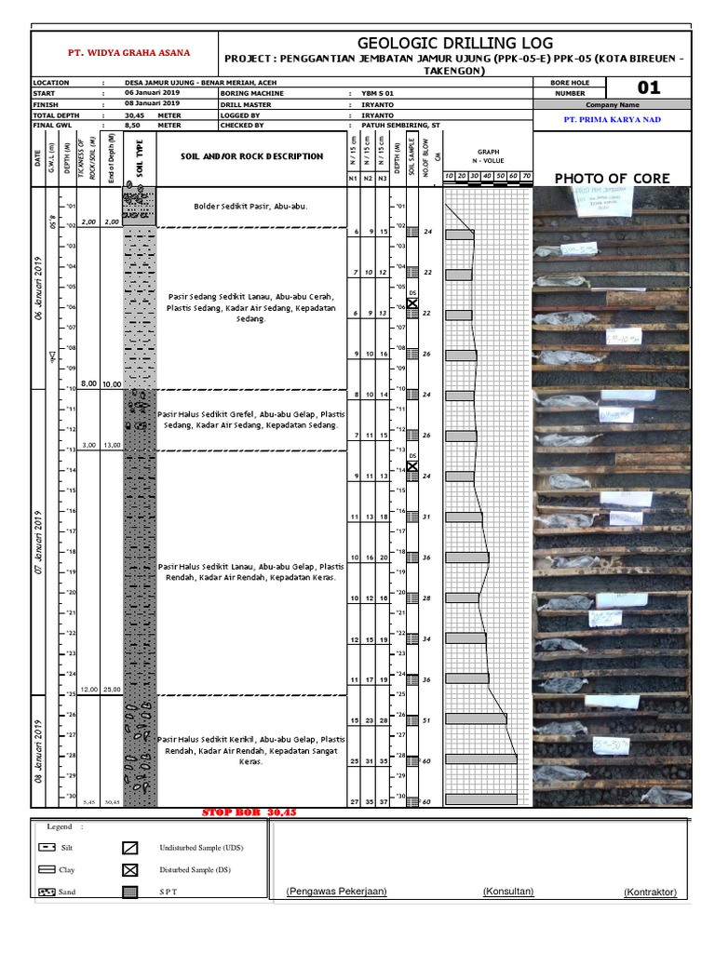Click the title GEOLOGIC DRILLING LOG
455,43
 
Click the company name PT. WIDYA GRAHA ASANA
124,54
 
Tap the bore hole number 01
648,87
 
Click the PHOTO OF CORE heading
611,177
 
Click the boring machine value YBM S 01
378,93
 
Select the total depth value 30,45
136,114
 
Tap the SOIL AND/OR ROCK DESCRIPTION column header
251,156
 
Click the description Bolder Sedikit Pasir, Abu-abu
250,206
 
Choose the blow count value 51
427,720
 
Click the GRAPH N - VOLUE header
489,155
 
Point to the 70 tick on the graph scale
526,176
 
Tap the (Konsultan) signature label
507,891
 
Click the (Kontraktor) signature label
650,893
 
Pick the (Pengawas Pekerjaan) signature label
337,891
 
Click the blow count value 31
427,517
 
